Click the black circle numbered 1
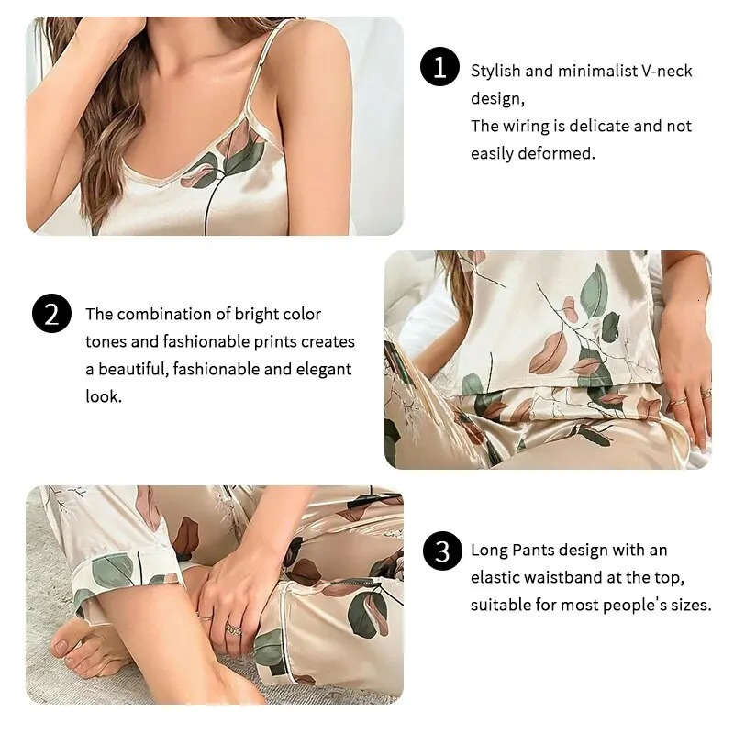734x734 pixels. click(439, 68)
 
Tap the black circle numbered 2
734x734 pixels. click(50, 314)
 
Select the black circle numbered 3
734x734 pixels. click(442, 551)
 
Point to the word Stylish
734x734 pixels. click(495, 71)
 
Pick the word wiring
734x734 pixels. click(528, 126)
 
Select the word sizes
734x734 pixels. click(690, 606)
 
